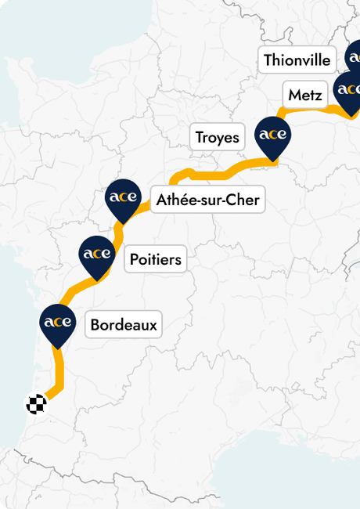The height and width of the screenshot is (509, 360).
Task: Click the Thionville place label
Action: coord(297,60)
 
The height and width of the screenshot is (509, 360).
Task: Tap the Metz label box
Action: coord(305,96)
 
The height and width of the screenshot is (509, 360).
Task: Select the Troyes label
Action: coord(218,138)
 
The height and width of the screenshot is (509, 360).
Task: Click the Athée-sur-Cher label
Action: coord(207,200)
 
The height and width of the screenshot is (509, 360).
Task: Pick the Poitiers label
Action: coord(156,259)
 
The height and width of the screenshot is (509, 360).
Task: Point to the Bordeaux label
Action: coord(124,324)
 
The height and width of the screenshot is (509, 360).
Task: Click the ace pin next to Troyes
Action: coord(273,135)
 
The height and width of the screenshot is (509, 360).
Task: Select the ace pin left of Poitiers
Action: coord(97,254)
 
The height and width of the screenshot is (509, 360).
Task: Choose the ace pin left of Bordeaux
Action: coord(57,323)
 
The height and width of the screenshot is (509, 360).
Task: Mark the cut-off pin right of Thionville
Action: coord(353,56)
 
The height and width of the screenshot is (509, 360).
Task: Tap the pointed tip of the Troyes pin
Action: coord(273,162)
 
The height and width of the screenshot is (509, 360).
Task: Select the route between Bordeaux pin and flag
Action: coord(58,376)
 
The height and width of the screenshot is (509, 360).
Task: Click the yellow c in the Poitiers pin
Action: coord(97,254)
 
